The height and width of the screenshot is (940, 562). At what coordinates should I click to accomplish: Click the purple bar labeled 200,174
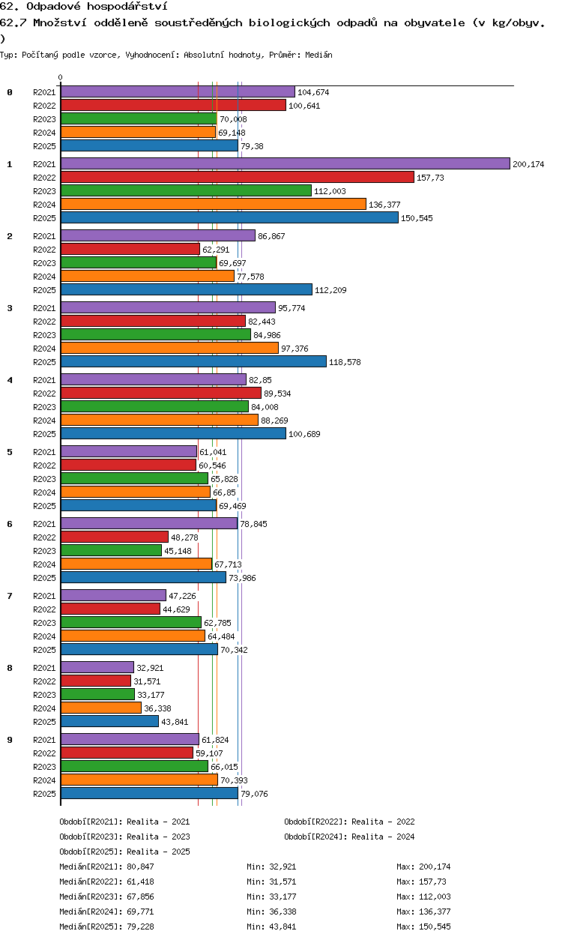click(x=285, y=163)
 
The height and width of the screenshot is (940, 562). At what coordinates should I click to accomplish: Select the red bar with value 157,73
click(x=238, y=177)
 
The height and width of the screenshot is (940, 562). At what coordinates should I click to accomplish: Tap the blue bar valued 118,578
click(x=193, y=361)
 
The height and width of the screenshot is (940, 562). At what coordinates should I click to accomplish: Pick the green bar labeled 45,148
click(x=111, y=550)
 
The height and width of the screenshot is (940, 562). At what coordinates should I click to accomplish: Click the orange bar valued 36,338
click(x=101, y=708)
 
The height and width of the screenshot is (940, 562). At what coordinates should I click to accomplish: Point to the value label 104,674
click(x=313, y=92)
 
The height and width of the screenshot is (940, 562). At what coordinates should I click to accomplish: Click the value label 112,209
click(x=330, y=290)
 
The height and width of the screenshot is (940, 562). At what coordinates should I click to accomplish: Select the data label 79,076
click(x=254, y=794)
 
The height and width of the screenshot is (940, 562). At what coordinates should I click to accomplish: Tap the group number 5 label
click(x=10, y=452)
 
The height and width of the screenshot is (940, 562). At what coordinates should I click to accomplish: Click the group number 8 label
click(x=10, y=668)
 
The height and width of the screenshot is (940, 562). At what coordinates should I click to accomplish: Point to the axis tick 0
click(x=61, y=77)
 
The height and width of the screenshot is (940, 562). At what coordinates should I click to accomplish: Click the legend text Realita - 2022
click(x=383, y=822)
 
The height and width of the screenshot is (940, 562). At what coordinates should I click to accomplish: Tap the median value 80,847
click(x=141, y=867)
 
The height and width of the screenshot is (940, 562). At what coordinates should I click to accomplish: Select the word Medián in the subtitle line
click(x=318, y=55)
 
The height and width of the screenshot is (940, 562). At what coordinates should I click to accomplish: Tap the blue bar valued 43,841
click(x=110, y=721)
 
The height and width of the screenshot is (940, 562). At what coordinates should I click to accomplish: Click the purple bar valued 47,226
click(x=113, y=595)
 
